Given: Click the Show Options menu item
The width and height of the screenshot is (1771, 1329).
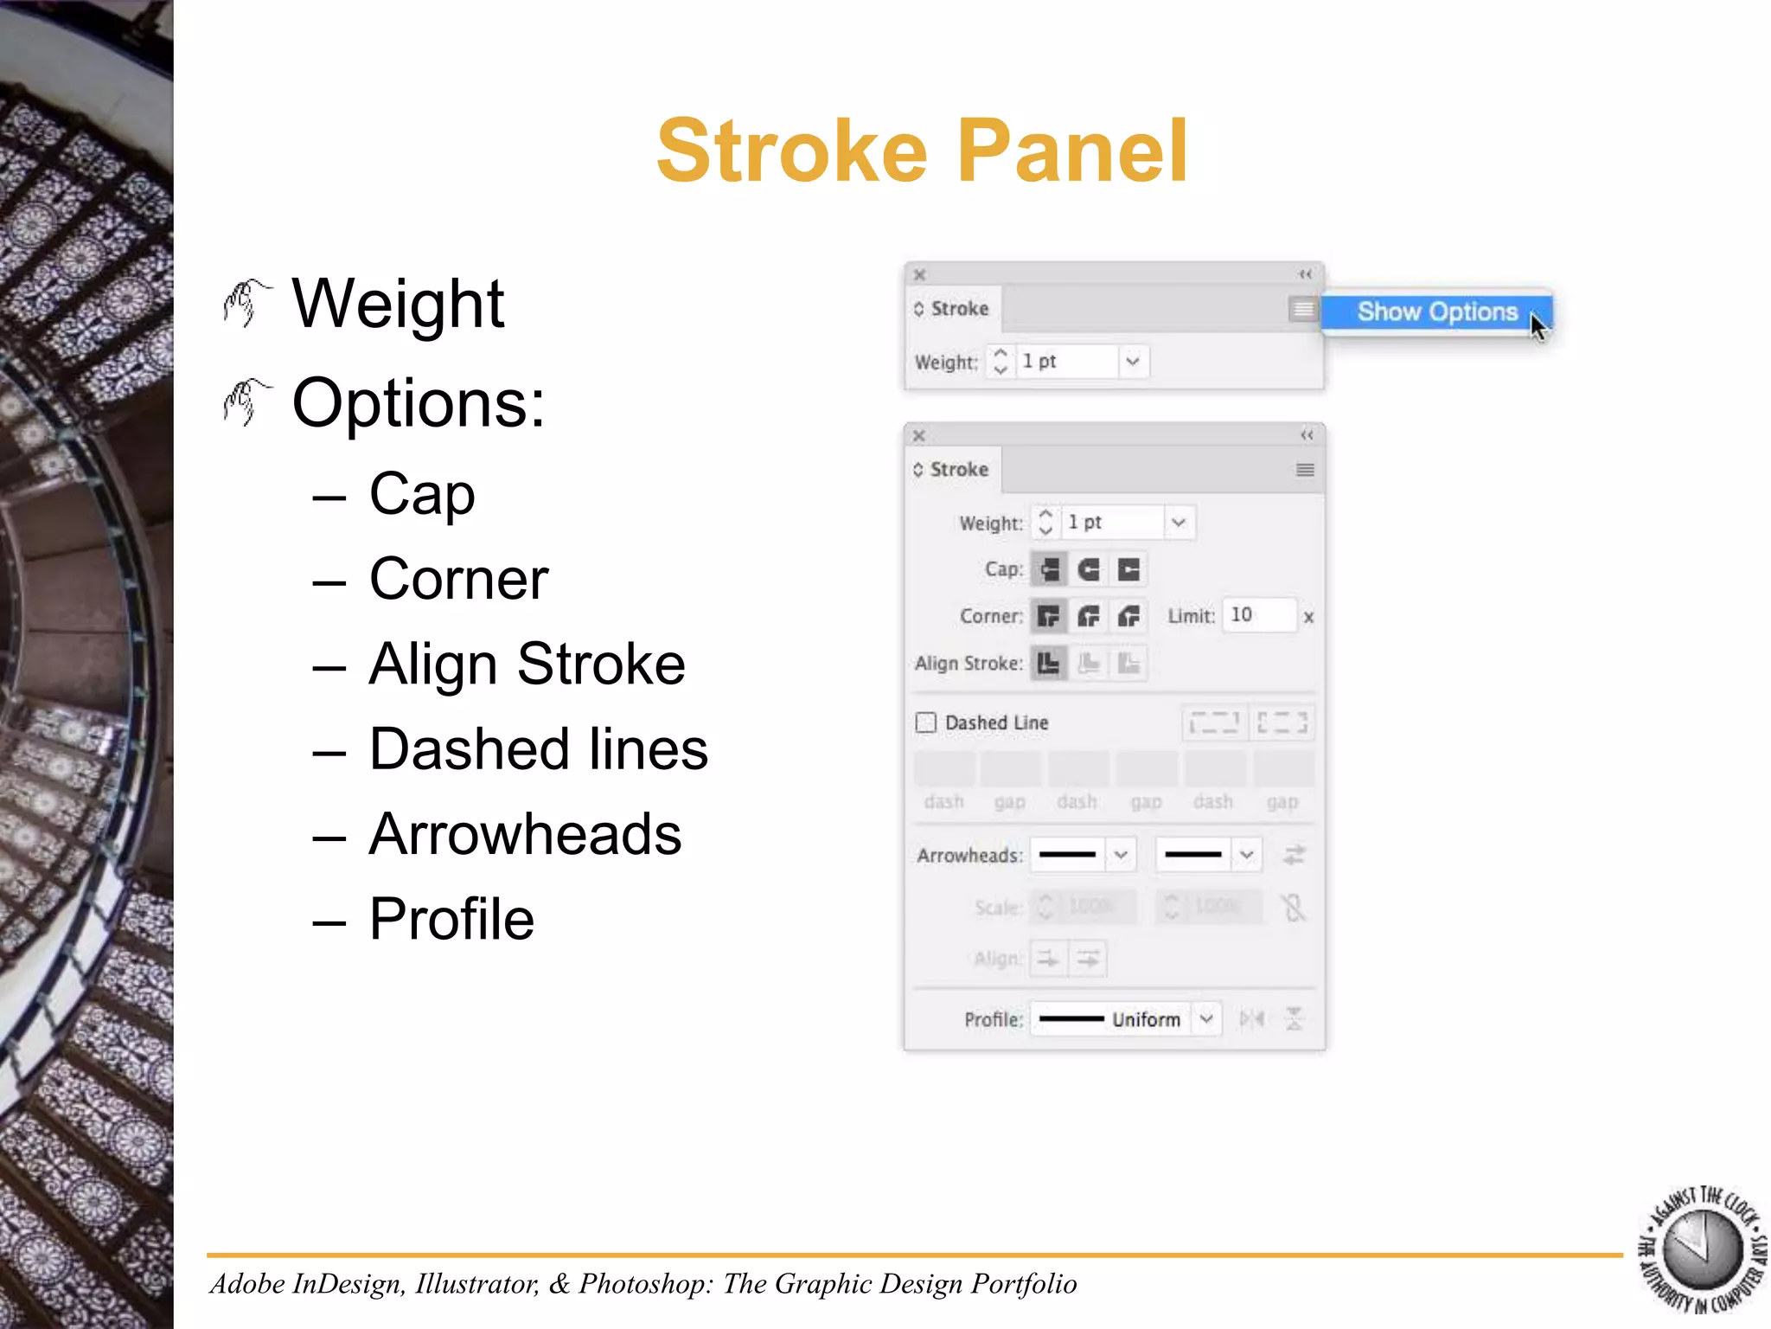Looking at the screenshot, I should pos(1436,311).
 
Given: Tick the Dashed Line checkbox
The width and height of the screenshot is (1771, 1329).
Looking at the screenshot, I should pos(925,722).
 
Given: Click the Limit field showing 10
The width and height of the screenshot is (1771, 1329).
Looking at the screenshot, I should pos(1258,615).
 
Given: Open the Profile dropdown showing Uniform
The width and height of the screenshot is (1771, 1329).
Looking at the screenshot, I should pos(1206,1019).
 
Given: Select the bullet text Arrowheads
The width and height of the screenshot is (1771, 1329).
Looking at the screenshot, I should pos(525,834).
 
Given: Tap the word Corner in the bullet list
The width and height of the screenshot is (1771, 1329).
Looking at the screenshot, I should pos(458,579).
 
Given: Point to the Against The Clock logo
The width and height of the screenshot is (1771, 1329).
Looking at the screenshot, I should pos(1702,1250).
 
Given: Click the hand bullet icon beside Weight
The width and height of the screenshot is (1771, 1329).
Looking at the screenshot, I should pos(246,304).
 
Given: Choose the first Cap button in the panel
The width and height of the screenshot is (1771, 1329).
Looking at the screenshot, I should pos(1049,569).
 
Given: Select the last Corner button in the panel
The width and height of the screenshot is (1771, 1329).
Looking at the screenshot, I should pos(1128,616).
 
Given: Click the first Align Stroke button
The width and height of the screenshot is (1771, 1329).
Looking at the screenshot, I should pos(1049,664).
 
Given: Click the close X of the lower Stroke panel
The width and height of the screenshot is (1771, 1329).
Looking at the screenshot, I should pos(919,435).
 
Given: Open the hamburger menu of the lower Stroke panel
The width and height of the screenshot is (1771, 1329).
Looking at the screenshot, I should pos(1305,470).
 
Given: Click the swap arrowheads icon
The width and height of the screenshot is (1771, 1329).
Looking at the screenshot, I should pos(1294,856).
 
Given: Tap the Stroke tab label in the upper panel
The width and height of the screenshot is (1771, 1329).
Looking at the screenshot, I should pos(959,309).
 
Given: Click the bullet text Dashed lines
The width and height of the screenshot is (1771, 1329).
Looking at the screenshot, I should pos(538,749).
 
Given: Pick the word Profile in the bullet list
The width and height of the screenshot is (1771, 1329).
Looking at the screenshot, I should pos(451,919).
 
